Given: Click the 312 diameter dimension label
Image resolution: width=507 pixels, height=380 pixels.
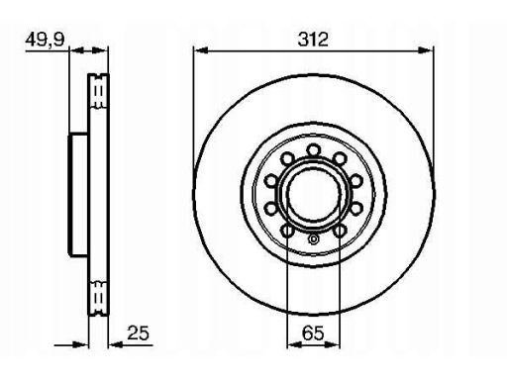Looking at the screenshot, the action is (313, 40).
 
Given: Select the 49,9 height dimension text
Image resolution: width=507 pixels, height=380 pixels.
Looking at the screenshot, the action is (46, 40).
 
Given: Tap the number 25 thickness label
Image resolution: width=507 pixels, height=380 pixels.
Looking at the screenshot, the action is (139, 332).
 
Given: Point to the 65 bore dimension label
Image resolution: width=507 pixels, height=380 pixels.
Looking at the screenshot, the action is (313, 332).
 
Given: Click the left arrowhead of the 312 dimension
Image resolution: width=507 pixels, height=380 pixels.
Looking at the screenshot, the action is (201, 50).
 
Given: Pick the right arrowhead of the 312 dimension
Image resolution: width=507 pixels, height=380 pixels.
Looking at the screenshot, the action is (426, 50).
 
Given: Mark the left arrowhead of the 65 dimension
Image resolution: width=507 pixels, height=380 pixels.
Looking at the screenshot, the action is (294, 344).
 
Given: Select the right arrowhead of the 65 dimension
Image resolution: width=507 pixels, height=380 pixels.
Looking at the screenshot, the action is (333, 344).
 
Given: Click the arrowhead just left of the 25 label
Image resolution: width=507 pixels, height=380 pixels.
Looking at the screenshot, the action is (116, 345).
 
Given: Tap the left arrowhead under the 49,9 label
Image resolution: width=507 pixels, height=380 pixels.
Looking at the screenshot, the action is (76, 50).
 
